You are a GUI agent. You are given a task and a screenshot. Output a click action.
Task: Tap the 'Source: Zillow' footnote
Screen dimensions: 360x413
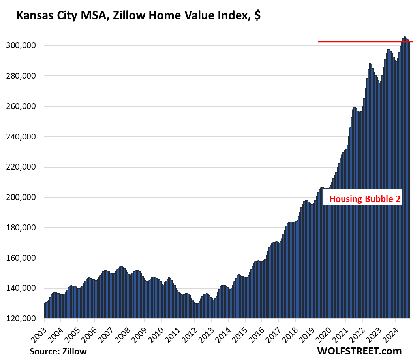(x=58, y=351)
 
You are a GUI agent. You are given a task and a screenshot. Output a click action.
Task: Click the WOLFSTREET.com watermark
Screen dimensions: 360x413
(x=359, y=351)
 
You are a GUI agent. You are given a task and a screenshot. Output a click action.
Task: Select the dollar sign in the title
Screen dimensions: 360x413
(x=257, y=16)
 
